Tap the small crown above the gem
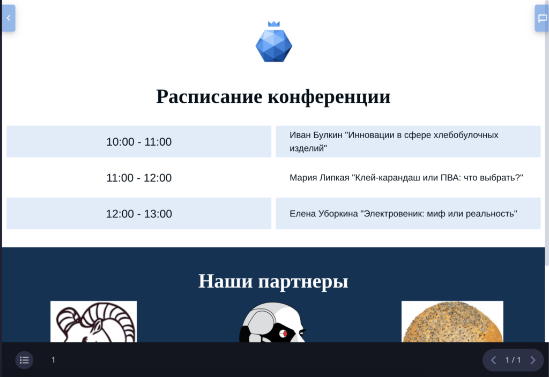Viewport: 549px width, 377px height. [274, 24]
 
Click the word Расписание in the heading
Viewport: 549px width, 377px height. [209, 96]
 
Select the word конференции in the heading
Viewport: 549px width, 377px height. [329, 96]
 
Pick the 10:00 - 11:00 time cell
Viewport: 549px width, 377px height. [139, 141]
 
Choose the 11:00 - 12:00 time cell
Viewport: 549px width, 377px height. [139, 178]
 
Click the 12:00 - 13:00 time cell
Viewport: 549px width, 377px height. [139, 214]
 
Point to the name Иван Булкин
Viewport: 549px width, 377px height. [316, 135]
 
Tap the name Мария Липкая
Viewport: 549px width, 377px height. [320, 178]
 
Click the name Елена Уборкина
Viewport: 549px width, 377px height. [323, 214]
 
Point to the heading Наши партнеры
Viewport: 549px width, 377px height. [273, 281]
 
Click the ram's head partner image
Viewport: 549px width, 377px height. [93, 321]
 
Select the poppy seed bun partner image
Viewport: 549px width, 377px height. [452, 321]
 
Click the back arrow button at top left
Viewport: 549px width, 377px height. [9, 18]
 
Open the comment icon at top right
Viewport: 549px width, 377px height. [542, 18]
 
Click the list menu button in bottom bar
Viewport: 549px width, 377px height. [24, 360]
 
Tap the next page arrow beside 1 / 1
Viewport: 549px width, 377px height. [533, 360]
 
